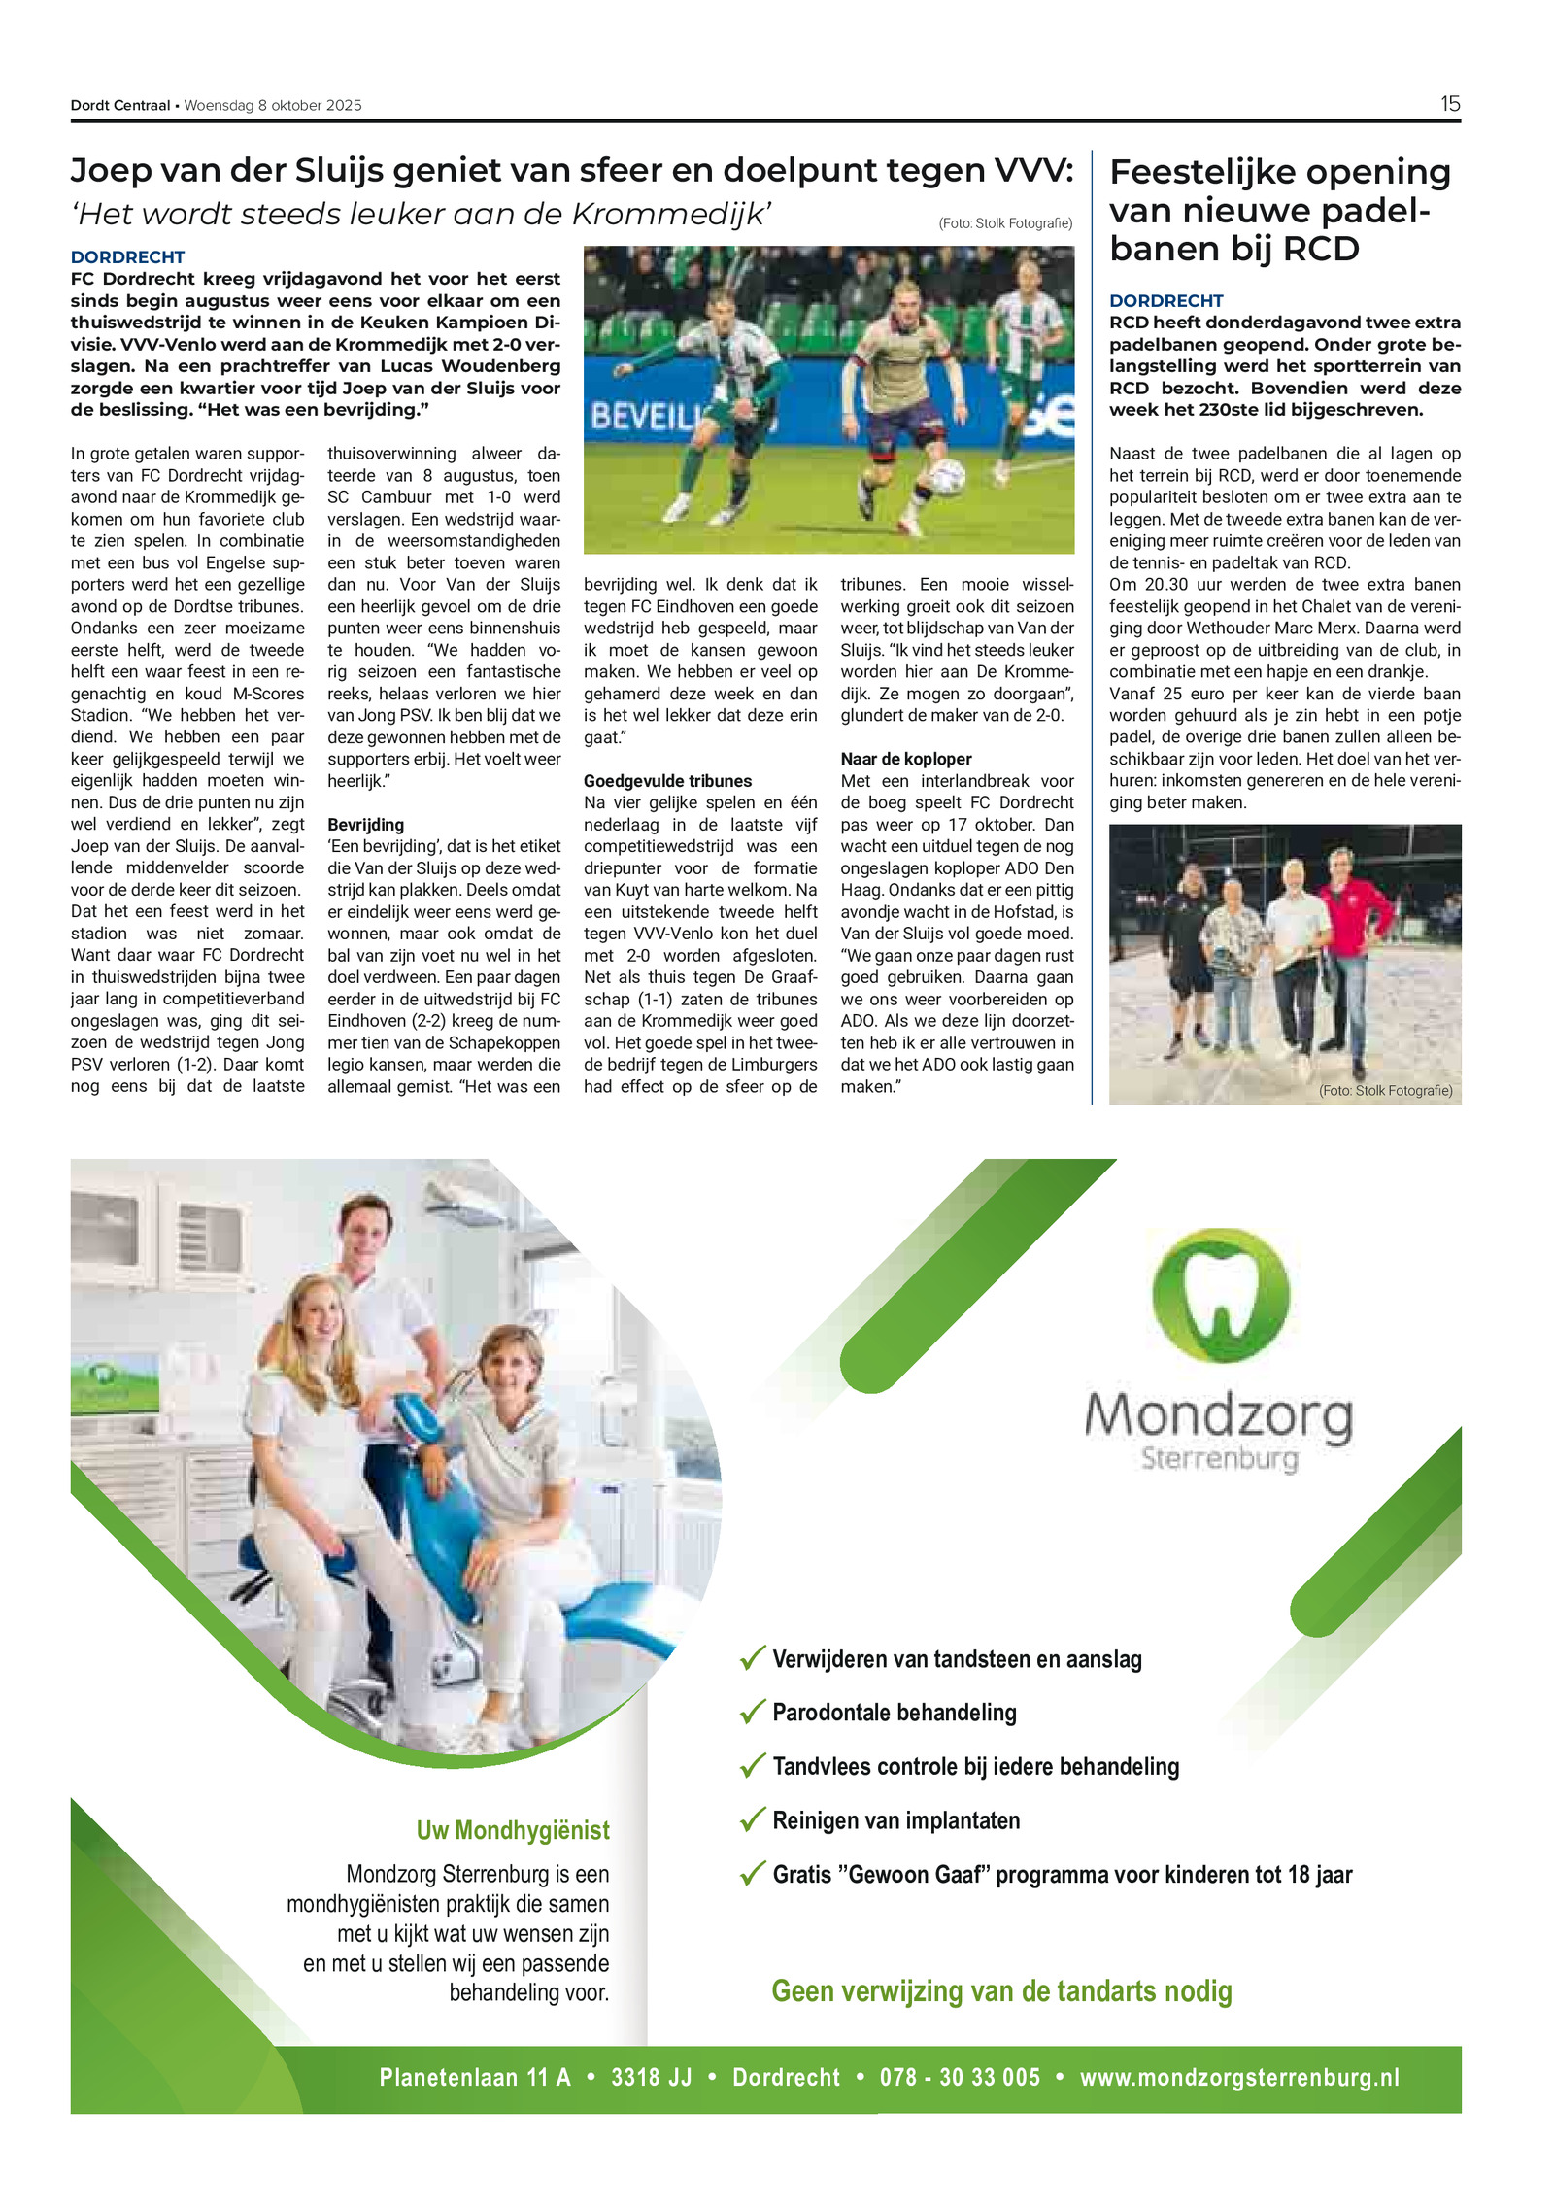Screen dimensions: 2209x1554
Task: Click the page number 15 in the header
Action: pyautogui.click(x=1449, y=104)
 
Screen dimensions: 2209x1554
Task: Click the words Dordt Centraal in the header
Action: pyautogui.click(x=119, y=106)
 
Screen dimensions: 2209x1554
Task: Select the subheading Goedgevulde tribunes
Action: pyautogui.click(x=667, y=781)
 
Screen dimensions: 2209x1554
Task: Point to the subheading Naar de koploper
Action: pyautogui.click(x=905, y=759)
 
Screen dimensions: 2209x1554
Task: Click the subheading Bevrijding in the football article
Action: pyautogui.click(x=365, y=825)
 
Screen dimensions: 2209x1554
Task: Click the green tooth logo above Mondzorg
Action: pyautogui.click(x=1220, y=1295)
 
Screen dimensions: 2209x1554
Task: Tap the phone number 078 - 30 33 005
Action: pyautogui.click(x=960, y=2077)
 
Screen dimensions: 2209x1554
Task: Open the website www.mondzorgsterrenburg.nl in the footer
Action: pyautogui.click(x=1239, y=2077)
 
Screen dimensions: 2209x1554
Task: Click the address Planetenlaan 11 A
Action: pyautogui.click(x=474, y=2077)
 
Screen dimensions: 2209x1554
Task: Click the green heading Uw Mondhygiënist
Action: pyautogui.click(x=513, y=1830)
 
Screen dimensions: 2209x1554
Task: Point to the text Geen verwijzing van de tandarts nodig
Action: pyautogui.click(x=1001, y=1991)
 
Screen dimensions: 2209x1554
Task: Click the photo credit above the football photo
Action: pyautogui.click(x=1005, y=223)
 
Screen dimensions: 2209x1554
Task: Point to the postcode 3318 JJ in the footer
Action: pyautogui.click(x=651, y=2077)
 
